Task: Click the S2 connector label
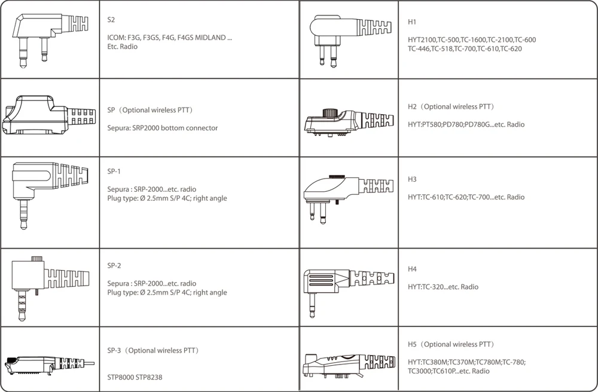click(x=111, y=20)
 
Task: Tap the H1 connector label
click(x=412, y=22)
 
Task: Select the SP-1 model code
click(x=114, y=171)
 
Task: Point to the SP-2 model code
click(x=114, y=265)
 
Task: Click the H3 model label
click(x=412, y=179)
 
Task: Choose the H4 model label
click(x=412, y=269)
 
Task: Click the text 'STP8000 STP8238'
click(x=135, y=377)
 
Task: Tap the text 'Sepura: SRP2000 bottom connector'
click(x=163, y=128)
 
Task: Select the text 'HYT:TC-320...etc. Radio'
click(x=443, y=287)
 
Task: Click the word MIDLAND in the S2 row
click(x=210, y=38)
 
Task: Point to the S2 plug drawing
click(x=50, y=41)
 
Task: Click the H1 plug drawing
click(x=350, y=41)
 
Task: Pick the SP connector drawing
click(x=49, y=115)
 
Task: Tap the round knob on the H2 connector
click(x=330, y=113)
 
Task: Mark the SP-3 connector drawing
click(x=49, y=365)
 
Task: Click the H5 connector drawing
click(x=349, y=365)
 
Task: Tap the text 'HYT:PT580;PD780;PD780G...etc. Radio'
click(x=466, y=124)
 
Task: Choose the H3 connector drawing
click(x=348, y=199)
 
